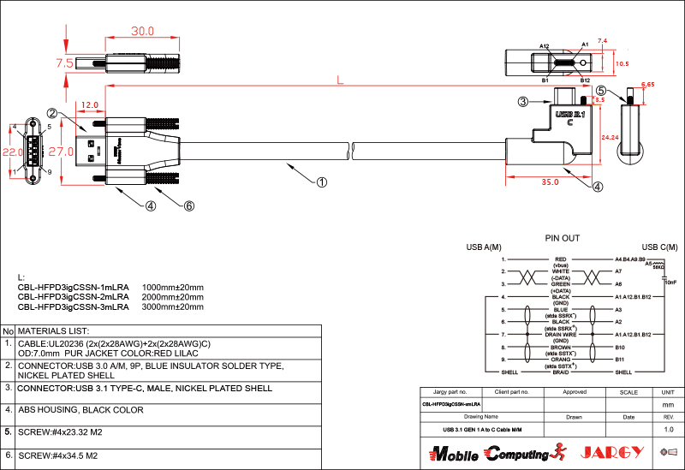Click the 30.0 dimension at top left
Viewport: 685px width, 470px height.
pyautogui.click(x=142, y=31)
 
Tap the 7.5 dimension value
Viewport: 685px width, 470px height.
pyautogui.click(x=64, y=62)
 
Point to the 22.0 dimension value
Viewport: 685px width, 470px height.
pyautogui.click(x=13, y=152)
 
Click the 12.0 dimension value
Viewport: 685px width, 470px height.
pyautogui.click(x=89, y=105)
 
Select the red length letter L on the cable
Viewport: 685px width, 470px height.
pyautogui.click(x=340, y=81)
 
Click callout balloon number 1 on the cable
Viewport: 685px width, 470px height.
pyautogui.click(x=322, y=181)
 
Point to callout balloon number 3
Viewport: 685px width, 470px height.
pyautogui.click(x=522, y=102)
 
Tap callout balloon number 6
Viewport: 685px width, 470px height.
pyautogui.click(x=189, y=205)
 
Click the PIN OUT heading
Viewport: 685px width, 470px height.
pyautogui.click(x=562, y=237)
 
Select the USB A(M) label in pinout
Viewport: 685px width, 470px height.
pyautogui.click(x=483, y=247)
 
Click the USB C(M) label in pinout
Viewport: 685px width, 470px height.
pyautogui.click(x=659, y=247)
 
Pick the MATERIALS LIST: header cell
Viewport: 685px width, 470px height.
pyautogui.click(x=53, y=330)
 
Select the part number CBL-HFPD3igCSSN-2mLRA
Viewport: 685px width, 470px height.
pyautogui.click(x=73, y=296)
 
